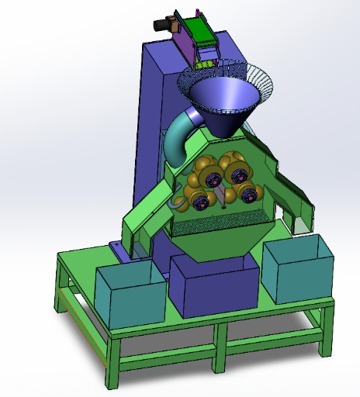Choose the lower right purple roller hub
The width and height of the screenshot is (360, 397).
[249, 195]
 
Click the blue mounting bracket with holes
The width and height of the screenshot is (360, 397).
[118, 250]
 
